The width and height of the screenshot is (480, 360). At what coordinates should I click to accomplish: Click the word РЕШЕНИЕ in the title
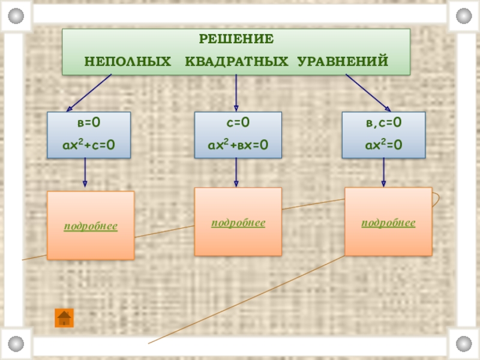pos(236,40)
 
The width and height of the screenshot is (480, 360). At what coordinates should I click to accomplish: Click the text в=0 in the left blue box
pos(89,123)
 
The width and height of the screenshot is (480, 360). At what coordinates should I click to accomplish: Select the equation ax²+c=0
pos(89,145)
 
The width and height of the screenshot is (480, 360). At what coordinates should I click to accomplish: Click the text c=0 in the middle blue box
pos(238,123)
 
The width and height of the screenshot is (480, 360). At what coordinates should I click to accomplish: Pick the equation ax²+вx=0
pos(238,145)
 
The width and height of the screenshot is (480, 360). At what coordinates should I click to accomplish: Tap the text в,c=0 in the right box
pos(384,123)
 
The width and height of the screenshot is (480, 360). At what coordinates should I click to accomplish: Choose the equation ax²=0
pos(384,145)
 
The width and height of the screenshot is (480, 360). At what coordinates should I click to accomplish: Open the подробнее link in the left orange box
pos(91,226)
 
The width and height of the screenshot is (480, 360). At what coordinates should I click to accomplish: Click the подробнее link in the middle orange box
pos(238,223)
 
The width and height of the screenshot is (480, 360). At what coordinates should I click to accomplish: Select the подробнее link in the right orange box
pos(388,223)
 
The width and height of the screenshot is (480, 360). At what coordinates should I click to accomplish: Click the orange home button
pos(64,317)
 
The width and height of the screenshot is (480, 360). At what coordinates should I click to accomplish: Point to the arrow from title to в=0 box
pos(90,93)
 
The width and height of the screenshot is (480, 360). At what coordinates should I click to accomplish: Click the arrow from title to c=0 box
pos(236,93)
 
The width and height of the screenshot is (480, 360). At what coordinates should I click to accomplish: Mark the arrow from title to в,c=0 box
pos(368,93)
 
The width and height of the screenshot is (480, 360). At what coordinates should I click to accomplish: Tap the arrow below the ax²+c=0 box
pos(85,174)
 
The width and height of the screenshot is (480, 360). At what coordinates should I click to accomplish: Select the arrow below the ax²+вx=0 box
pos(236,172)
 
